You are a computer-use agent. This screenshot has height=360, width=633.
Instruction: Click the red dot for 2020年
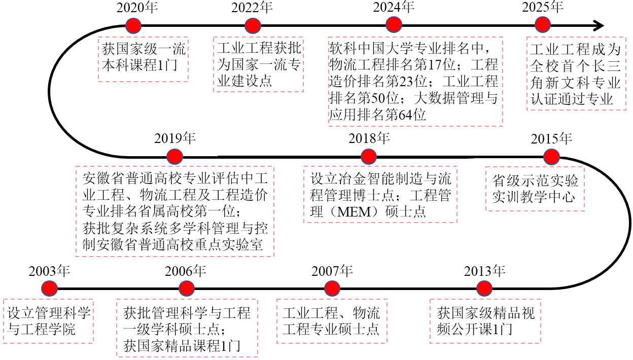coord(133,25)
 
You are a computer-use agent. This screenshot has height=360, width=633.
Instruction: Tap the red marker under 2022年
coord(253,25)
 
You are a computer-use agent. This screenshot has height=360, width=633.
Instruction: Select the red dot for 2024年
coord(394,25)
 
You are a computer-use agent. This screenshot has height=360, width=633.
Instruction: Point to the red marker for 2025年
coord(543,25)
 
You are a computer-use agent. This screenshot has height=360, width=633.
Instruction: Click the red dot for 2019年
coord(174,156)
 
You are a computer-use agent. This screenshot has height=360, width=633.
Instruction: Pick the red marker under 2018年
coord(369,156)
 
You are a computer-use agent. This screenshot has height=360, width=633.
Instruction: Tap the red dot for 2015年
coord(551,156)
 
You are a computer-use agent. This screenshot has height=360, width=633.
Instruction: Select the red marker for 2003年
coord(49,289)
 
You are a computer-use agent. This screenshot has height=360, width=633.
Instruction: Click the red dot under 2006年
coord(187,289)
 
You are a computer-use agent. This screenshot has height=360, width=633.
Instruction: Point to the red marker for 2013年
coord(485,289)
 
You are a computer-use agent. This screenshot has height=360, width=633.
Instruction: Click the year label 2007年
coord(332,271)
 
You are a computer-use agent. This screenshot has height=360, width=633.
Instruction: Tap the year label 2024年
coord(394,7)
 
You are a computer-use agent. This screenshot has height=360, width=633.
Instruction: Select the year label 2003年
coord(49,271)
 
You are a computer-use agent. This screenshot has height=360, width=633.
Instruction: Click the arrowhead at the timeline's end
coord(600,25)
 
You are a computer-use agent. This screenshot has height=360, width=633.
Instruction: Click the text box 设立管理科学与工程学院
coord(49,321)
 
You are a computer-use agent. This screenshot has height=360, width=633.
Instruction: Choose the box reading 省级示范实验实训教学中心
coord(535,189)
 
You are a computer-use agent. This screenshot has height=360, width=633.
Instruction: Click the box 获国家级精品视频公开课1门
coord(485,321)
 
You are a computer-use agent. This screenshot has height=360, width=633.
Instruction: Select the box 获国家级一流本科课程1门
coord(143,58)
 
